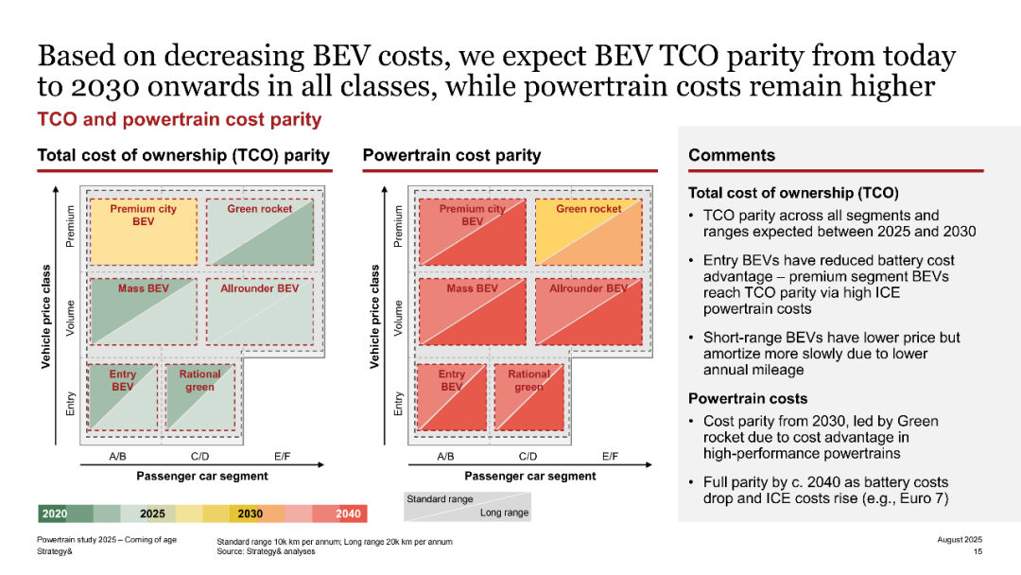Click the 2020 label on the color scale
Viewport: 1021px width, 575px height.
point(55,514)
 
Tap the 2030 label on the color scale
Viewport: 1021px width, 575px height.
point(250,514)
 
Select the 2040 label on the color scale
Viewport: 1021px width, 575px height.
point(348,514)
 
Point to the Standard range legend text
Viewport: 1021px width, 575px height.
point(440,498)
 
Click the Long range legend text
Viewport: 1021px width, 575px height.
point(505,513)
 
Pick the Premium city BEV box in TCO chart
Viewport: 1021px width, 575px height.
point(144,232)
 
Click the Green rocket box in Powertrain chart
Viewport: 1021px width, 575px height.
point(589,232)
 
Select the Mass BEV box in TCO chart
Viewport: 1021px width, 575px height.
point(144,312)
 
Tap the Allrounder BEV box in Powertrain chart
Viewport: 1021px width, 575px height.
point(589,312)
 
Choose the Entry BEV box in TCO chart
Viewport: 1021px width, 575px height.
point(122,397)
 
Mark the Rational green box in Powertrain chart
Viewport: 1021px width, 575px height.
point(528,397)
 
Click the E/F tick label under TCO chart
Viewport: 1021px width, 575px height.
point(282,457)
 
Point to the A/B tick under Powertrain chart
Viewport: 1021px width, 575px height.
point(445,457)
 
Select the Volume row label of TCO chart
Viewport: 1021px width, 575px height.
point(70,318)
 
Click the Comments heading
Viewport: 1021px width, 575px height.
point(732,155)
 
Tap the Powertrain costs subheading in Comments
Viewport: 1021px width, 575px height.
point(748,398)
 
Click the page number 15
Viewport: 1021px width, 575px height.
point(978,551)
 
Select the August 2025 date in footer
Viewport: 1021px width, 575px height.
point(960,539)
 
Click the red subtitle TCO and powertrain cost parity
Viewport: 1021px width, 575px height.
point(180,120)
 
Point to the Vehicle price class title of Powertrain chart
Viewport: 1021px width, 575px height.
point(374,317)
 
